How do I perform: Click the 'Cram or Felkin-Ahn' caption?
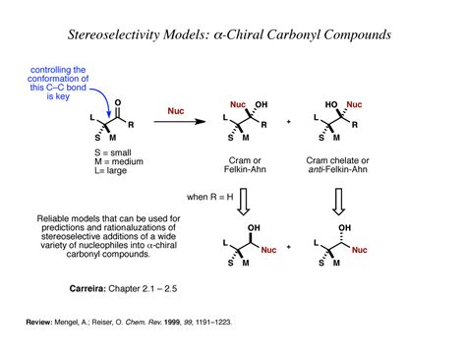(x=253, y=166)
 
